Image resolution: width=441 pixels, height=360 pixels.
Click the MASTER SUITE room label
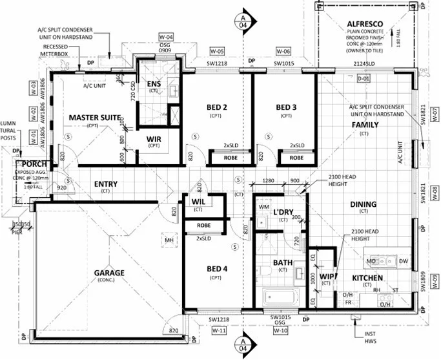pos(96,118)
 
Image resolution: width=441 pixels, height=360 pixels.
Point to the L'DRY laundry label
pos(283,213)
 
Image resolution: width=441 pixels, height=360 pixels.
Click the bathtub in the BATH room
pos(280,299)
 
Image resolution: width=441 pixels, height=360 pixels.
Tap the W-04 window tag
pos(166,37)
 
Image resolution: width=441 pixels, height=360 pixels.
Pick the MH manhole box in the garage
pos(170,240)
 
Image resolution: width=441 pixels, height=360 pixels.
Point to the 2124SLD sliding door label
pos(364,63)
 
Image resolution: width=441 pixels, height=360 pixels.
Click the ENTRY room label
pos(105,184)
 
